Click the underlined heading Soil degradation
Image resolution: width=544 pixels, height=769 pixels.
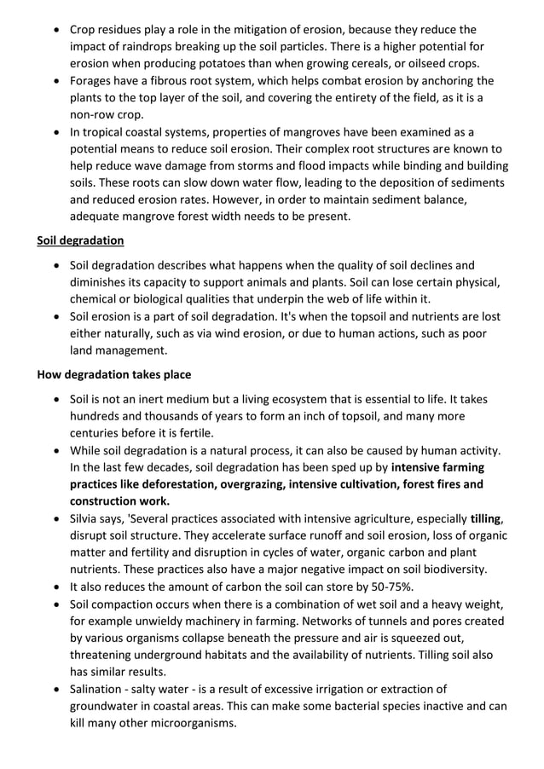click(x=80, y=240)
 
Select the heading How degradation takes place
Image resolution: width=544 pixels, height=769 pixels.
click(x=114, y=374)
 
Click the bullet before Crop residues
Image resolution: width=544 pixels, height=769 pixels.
click(x=55, y=31)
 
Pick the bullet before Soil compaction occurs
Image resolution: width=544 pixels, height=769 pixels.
click(x=55, y=604)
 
